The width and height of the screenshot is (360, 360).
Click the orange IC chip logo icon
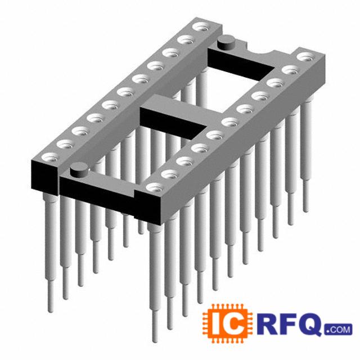click(x=227, y=324)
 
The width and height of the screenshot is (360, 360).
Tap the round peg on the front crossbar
click(x=79, y=169)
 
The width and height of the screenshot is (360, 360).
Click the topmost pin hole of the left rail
click(x=200, y=26)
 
